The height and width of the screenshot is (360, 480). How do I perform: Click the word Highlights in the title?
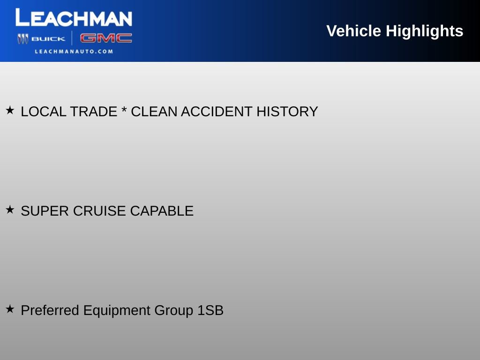point(424,31)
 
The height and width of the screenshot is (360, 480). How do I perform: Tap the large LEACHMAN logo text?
point(74,18)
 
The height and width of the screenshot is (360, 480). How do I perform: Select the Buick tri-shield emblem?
point(23,39)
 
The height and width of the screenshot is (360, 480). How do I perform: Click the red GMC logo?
point(106,38)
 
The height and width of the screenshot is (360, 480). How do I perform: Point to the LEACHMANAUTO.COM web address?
point(74,52)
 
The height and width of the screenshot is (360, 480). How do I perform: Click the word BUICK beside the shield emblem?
point(48,39)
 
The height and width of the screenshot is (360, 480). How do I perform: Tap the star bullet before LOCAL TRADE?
point(10,111)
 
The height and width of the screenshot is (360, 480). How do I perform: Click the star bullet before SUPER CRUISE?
point(10,210)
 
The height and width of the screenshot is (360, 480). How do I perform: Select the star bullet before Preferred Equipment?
point(10,309)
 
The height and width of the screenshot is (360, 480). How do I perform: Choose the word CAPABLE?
point(162,211)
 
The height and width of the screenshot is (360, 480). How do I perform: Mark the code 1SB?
point(210,310)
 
